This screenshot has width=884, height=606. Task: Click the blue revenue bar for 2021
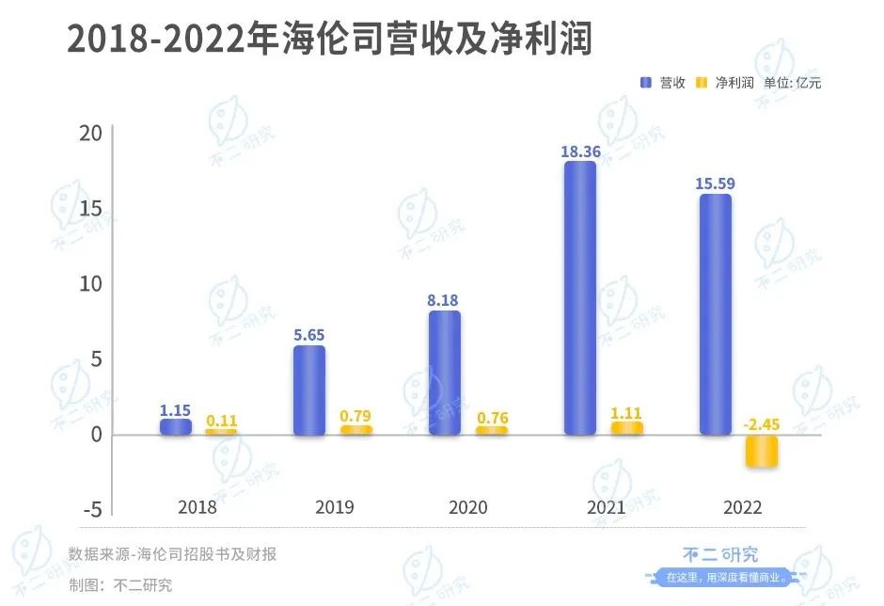point(580,298)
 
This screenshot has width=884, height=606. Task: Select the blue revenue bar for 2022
point(715,315)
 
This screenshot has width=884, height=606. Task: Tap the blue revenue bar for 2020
point(445,373)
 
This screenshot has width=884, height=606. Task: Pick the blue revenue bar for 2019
point(309,391)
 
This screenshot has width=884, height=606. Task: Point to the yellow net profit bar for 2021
point(626,428)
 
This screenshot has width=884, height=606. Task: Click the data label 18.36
point(580,148)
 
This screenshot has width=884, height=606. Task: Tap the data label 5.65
point(309,332)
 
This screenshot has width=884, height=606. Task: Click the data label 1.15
point(175,410)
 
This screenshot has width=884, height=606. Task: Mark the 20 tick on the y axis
point(90,134)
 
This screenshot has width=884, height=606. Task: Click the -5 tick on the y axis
point(91,509)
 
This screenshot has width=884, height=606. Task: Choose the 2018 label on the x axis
point(197,508)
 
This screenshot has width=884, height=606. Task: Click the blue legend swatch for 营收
point(646,83)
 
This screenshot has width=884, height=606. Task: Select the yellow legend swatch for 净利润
point(701,83)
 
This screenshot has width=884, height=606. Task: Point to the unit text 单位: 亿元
point(793,83)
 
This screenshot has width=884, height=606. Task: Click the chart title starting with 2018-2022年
point(329,40)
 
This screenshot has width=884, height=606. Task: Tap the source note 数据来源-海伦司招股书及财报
point(172,554)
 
